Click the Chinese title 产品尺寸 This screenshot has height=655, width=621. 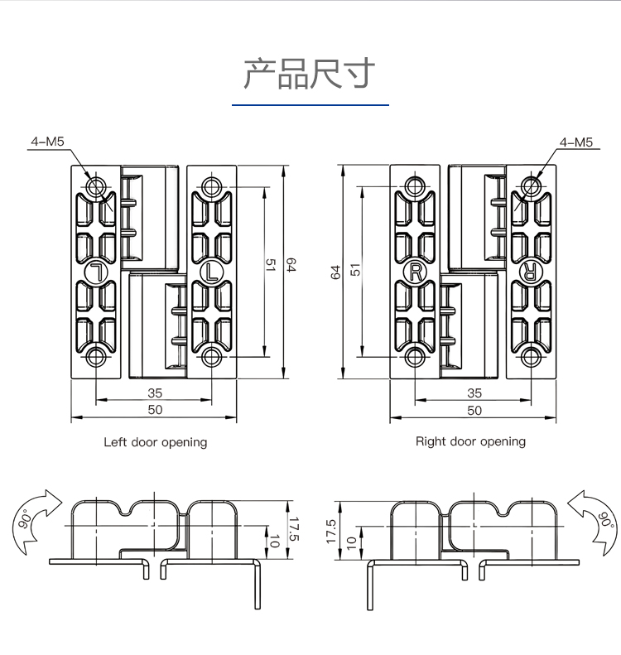310,74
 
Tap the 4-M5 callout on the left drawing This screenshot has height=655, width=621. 47,142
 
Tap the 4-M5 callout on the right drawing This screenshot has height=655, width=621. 576,142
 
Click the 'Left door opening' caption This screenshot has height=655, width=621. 155,442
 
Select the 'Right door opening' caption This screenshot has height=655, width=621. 470,441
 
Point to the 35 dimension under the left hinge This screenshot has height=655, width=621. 155,393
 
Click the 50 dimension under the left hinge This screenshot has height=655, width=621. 155,409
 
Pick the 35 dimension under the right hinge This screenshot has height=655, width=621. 474,393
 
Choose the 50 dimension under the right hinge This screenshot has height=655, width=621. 474,409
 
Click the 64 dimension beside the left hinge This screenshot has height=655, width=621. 291,265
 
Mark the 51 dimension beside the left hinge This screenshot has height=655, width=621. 270,265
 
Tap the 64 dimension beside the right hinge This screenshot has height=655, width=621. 335,272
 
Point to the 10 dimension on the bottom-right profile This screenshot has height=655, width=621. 351,543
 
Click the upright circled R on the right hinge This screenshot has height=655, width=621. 414,271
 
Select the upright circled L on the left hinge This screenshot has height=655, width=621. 212,271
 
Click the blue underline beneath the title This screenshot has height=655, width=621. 310,105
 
